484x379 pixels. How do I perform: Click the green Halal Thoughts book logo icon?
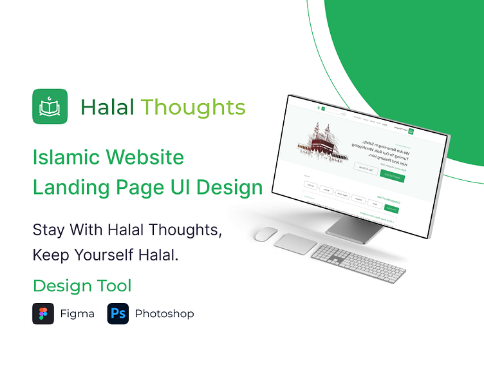pos(50,106)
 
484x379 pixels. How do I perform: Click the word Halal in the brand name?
pos(107,107)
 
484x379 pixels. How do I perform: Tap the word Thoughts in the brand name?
pos(193,108)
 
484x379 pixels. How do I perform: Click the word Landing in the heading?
pos(68,188)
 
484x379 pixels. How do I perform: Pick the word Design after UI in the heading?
pos(229,188)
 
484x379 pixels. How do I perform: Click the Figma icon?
pos(43,314)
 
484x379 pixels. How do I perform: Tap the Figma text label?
pos(77,314)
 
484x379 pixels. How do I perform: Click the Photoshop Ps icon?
pos(118,314)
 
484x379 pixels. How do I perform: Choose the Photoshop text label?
pos(164,314)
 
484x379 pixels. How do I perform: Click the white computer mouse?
pos(265,233)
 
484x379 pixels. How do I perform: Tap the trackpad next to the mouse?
pos(295,244)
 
